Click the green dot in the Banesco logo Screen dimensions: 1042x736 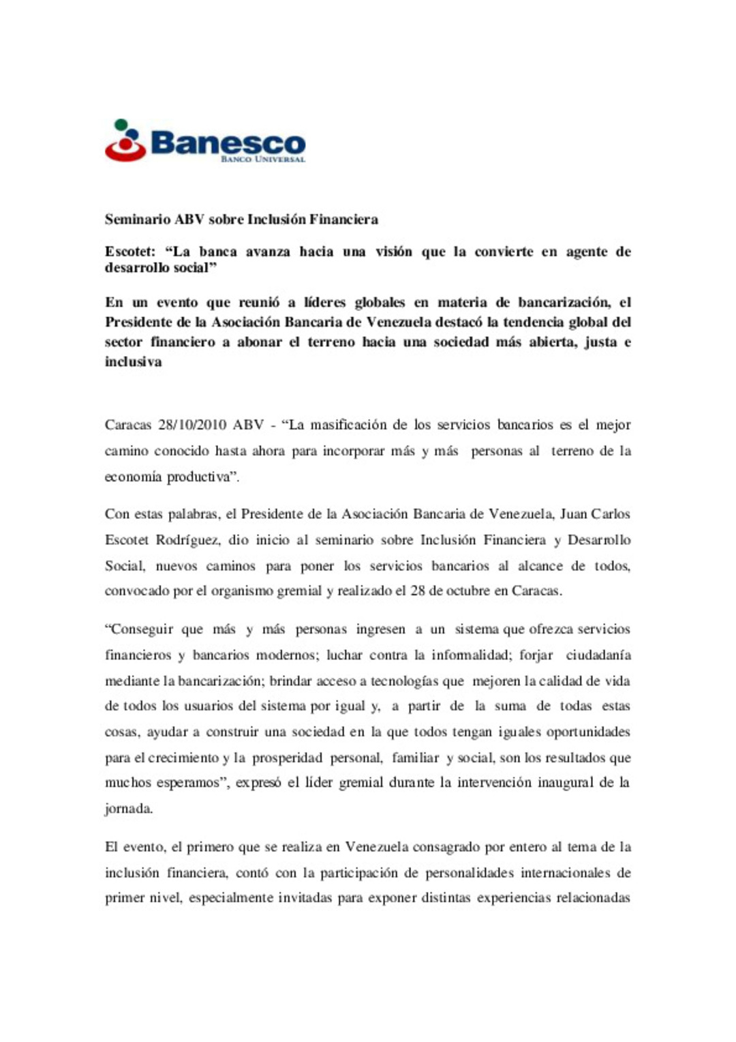point(121,124)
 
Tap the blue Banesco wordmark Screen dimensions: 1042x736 point(228,143)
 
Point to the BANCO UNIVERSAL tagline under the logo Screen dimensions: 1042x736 point(262,160)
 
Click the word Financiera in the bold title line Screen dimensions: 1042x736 point(343,220)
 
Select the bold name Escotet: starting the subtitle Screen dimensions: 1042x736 point(130,252)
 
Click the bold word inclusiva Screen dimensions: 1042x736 point(134,362)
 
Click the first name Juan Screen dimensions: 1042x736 point(573,514)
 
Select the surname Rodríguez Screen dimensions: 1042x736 point(187,540)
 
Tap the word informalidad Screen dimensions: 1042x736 point(472,655)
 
